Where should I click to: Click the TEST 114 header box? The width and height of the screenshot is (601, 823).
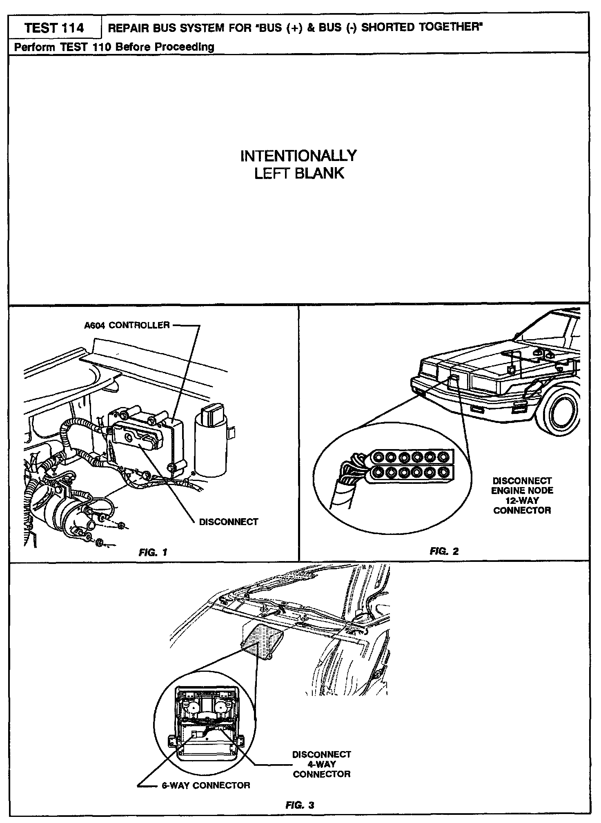[54, 28]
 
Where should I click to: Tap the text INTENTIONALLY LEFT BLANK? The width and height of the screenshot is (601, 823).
[299, 164]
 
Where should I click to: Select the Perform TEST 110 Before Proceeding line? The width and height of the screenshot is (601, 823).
[114, 47]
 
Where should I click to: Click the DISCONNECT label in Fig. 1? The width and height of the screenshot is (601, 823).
[228, 522]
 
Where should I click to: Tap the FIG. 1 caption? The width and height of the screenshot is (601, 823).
[153, 553]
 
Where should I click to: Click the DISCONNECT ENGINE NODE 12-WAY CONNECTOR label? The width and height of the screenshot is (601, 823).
[522, 495]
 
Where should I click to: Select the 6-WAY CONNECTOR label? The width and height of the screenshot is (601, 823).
[204, 785]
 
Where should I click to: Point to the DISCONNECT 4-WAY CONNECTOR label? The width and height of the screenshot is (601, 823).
[322, 764]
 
